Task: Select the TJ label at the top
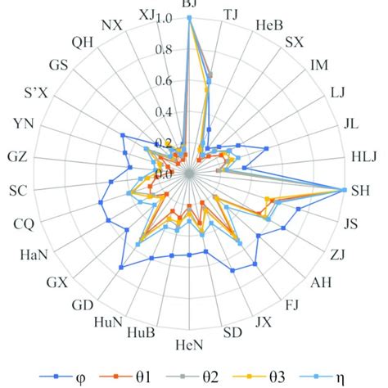point(232,14)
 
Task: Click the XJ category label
point(147,14)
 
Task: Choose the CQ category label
point(24,223)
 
